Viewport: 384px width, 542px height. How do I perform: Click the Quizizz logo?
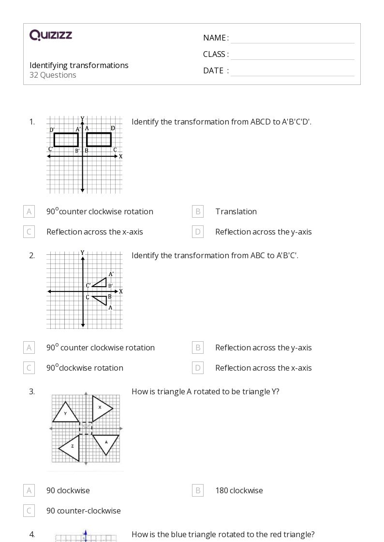click(51, 35)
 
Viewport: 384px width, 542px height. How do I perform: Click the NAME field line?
click(292, 39)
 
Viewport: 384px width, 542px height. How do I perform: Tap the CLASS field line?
click(292, 55)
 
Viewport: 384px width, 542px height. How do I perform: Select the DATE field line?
click(292, 71)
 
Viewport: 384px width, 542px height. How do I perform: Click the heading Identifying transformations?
click(79, 65)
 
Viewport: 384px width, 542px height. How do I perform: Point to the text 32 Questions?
click(53, 75)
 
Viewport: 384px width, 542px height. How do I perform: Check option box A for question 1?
click(29, 211)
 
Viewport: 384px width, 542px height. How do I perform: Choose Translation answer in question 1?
click(236, 211)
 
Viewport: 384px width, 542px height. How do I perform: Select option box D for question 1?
click(198, 232)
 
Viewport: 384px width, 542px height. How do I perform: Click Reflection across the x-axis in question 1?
click(95, 232)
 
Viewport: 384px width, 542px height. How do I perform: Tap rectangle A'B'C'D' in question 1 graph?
click(66, 140)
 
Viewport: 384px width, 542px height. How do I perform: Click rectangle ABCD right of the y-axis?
click(99, 140)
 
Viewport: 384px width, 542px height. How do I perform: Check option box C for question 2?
click(29, 368)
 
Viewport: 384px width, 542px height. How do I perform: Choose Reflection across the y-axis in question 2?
click(263, 347)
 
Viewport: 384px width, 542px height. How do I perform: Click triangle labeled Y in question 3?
click(66, 413)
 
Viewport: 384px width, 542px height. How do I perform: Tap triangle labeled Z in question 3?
click(71, 447)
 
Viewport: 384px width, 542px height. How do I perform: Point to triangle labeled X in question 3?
click(100, 408)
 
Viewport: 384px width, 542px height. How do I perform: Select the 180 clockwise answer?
click(239, 490)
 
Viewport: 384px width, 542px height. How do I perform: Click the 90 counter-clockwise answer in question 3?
click(84, 511)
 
